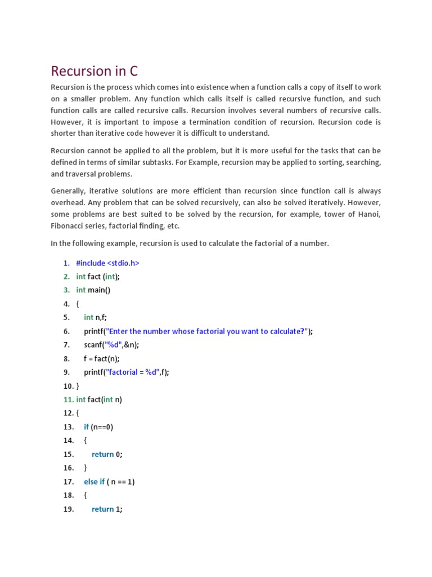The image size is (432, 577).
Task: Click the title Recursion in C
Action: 94,72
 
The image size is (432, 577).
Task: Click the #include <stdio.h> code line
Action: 107,263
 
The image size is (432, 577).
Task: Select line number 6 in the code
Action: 66,331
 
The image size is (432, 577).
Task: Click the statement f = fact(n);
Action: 102,358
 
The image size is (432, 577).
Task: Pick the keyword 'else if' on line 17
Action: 94,482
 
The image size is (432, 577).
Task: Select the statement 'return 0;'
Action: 107,454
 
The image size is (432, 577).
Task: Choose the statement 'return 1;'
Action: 107,509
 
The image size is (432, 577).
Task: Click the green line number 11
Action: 68,400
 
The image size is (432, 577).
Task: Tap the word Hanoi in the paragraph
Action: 368,214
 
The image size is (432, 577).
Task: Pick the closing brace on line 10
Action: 78,386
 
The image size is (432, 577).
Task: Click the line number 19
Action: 68,509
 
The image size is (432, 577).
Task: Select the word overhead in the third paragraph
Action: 69,203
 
